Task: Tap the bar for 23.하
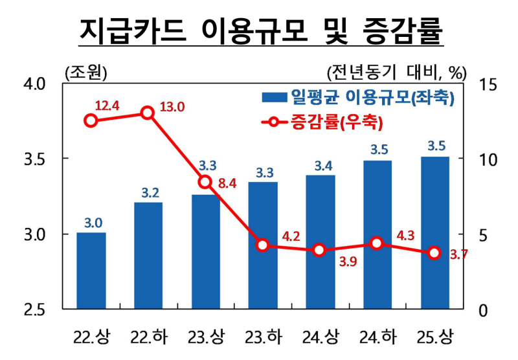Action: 263,246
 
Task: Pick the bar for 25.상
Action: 434,233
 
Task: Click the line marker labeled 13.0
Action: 148,113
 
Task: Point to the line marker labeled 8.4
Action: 205,182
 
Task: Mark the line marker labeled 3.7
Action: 434,253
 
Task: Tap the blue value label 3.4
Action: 320,166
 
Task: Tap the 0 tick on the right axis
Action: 482,309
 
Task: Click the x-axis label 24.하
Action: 377,337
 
